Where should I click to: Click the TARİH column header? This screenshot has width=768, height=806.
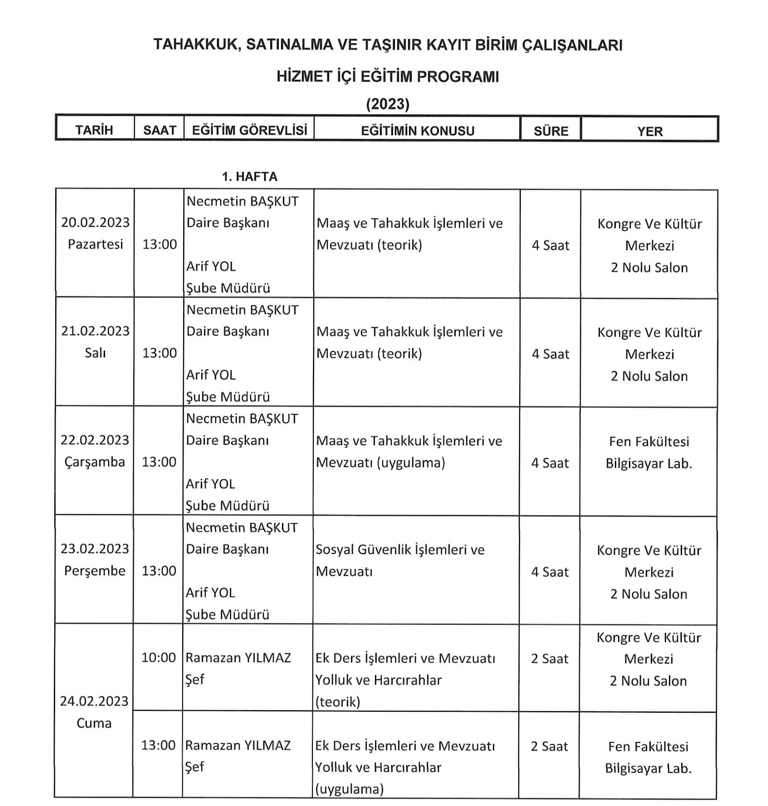pyautogui.click(x=94, y=130)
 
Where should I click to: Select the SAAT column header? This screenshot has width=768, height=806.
pyautogui.click(x=160, y=130)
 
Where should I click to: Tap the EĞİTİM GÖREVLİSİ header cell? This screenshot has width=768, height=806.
pyautogui.click(x=249, y=130)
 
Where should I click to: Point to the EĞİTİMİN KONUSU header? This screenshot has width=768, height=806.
pyautogui.click(x=417, y=131)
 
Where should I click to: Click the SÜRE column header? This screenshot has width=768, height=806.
pyautogui.click(x=551, y=131)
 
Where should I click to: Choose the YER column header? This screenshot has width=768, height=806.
pyautogui.click(x=650, y=131)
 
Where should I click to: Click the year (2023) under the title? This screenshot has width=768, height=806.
pyautogui.click(x=388, y=104)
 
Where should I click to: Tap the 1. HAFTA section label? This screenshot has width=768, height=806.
pyautogui.click(x=249, y=176)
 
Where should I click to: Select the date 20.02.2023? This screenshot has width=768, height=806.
pyautogui.click(x=95, y=222)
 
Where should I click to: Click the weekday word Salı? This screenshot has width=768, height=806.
pyautogui.click(x=95, y=353)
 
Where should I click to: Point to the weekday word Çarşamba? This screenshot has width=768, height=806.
pyautogui.click(x=95, y=462)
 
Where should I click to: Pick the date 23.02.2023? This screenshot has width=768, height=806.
pyautogui.click(x=95, y=548)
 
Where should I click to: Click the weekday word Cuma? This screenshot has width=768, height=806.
pyautogui.click(x=94, y=723)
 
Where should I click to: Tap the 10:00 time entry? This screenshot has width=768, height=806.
pyautogui.click(x=159, y=658)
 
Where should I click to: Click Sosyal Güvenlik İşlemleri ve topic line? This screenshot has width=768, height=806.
pyautogui.click(x=400, y=549)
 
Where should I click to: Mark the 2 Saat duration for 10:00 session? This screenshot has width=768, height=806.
pyautogui.click(x=550, y=659)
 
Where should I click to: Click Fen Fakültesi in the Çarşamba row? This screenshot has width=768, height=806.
pyautogui.click(x=649, y=441)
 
